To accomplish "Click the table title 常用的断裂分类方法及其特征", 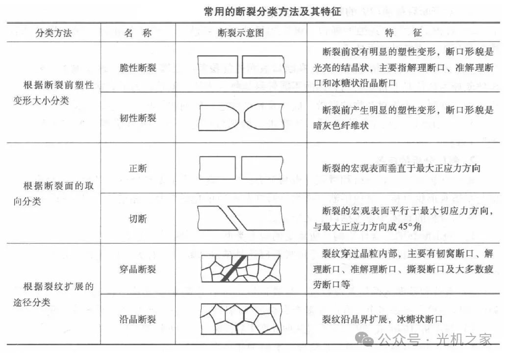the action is tap(273, 12).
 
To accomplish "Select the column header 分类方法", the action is tap(53, 33).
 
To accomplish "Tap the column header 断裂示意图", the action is tap(241, 33).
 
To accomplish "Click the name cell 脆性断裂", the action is tap(138, 68).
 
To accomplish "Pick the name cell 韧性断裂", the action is tap(138, 118).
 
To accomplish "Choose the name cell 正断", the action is tap(138, 168).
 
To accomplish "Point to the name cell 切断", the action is tap(138, 219).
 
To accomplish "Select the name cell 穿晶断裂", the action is tap(138, 269).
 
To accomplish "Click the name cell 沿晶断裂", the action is tap(138, 319).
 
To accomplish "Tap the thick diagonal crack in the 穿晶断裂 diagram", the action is tap(233, 268).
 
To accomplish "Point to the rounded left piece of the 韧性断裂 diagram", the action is tap(219, 117).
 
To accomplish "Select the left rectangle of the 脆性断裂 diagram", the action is tap(218, 67).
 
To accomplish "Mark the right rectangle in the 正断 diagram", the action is tap(262, 168).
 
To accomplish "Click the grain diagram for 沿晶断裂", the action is tap(241, 319).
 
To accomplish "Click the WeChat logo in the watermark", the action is tap(365, 339).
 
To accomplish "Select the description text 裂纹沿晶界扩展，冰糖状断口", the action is tap(382, 319).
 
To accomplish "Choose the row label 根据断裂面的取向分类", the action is tap(53, 193).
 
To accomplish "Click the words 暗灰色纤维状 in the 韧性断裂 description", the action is tap(341, 126).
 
